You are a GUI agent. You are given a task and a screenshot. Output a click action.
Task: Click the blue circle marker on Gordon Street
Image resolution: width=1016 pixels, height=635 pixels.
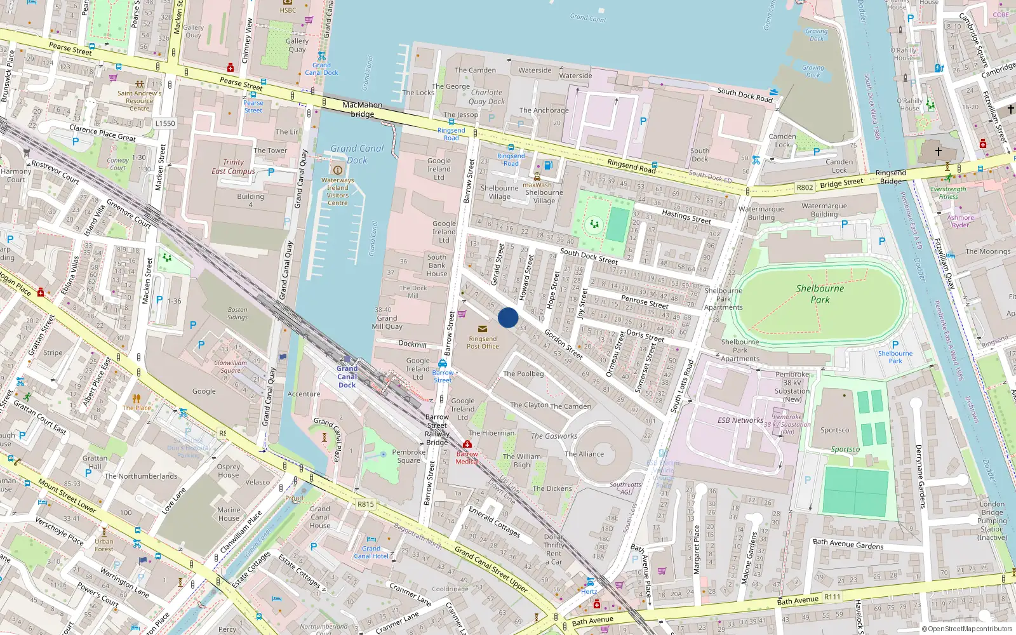(508, 317)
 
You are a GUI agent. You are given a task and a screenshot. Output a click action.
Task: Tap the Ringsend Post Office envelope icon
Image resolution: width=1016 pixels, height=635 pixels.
(483, 329)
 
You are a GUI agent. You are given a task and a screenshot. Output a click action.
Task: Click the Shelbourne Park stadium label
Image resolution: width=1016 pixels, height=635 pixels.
(820, 294)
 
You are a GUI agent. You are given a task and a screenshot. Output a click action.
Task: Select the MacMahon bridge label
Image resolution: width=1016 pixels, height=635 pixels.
(362, 109)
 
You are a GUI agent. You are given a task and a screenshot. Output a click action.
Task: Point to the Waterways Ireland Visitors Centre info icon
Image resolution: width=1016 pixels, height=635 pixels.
(338, 170)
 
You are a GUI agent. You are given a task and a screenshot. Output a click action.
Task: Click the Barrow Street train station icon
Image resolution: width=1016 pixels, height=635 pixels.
(443, 363)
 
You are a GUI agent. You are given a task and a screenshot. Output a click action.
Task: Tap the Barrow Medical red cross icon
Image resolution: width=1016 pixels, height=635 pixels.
(467, 444)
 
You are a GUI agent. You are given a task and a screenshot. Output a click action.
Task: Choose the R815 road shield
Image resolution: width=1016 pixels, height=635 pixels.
(365, 504)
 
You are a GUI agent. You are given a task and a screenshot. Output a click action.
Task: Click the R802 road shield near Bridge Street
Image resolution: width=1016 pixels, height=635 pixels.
(805, 187)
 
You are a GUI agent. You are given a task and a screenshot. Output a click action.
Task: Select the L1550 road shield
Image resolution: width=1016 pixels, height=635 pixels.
(164, 123)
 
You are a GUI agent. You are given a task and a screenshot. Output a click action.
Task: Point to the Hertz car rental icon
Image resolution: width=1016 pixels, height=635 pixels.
(590, 582)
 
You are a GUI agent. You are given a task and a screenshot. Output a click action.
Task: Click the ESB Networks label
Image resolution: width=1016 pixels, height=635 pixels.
(740, 420)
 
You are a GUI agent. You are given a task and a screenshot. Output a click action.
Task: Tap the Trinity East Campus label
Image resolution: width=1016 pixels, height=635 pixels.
(233, 166)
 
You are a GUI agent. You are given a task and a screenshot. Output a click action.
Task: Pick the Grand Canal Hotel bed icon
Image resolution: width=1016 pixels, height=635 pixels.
(371, 539)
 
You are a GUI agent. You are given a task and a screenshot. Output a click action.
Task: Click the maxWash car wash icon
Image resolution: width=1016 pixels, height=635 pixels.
(537, 177)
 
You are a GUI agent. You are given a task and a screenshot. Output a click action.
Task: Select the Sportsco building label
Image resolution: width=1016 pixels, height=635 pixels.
(834, 430)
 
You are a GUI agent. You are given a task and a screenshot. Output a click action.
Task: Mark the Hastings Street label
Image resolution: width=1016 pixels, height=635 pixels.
(686, 217)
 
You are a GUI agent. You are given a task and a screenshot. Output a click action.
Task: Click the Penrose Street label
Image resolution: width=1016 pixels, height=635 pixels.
(645, 301)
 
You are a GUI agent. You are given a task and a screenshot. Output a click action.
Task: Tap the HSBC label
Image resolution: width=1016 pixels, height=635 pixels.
(288, 10)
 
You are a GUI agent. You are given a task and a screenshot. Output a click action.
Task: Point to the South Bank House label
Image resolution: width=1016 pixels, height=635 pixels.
(437, 265)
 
